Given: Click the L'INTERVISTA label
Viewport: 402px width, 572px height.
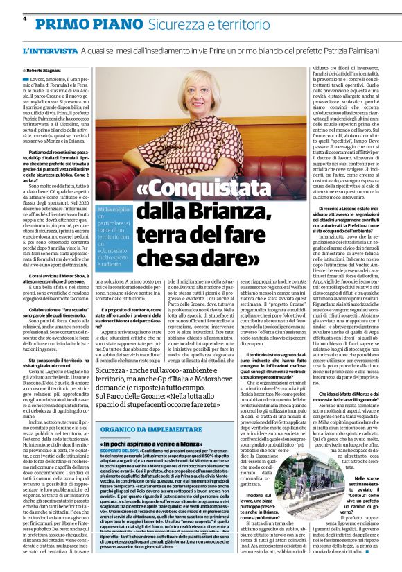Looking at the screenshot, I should pos(50,52).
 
